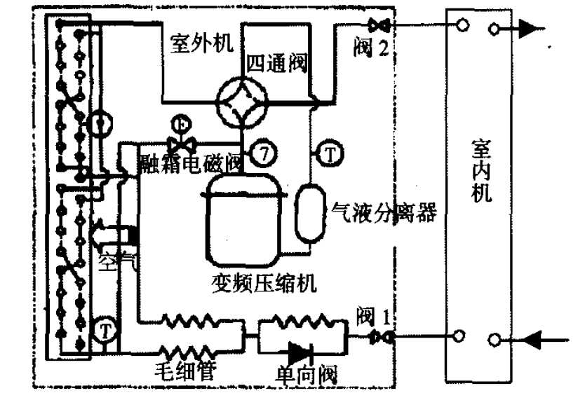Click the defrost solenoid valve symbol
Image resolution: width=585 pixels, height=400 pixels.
[x=185, y=143]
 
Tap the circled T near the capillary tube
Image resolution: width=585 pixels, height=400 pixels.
[x=105, y=328]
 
